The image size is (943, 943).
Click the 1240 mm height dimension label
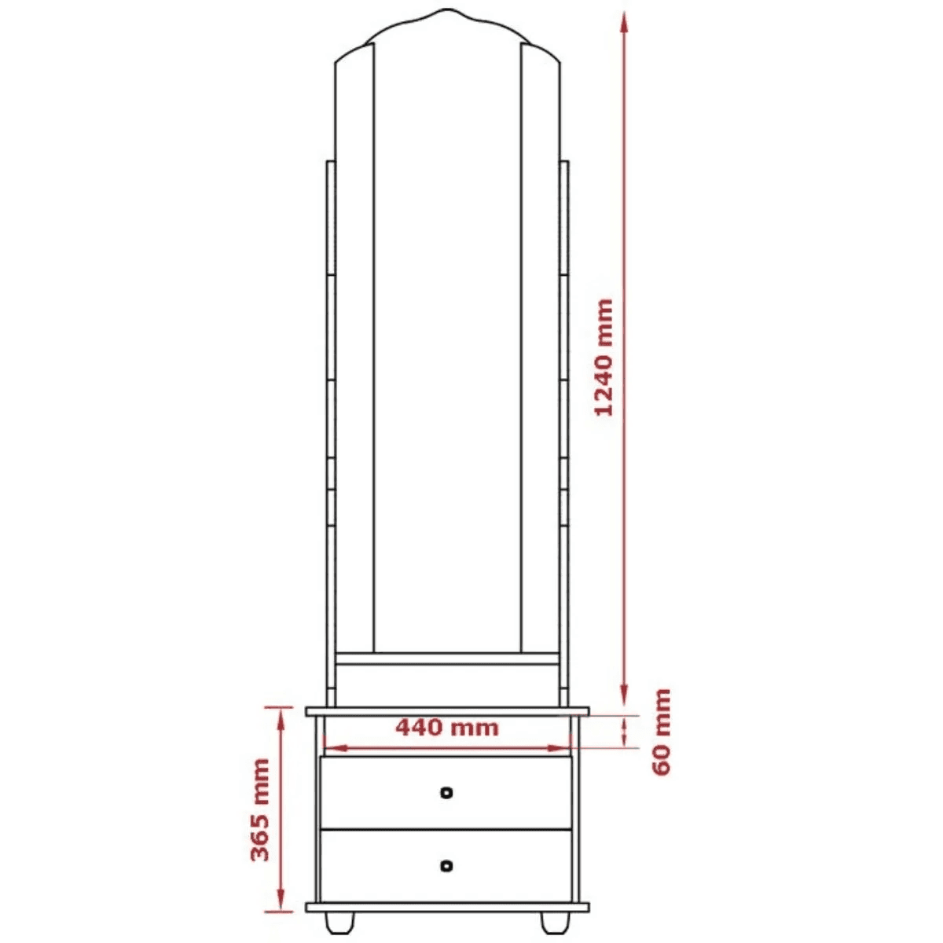tap(604, 358)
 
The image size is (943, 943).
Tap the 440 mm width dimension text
tap(447, 728)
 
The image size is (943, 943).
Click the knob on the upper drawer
tap(446, 792)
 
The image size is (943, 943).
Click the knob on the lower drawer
tap(446, 866)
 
